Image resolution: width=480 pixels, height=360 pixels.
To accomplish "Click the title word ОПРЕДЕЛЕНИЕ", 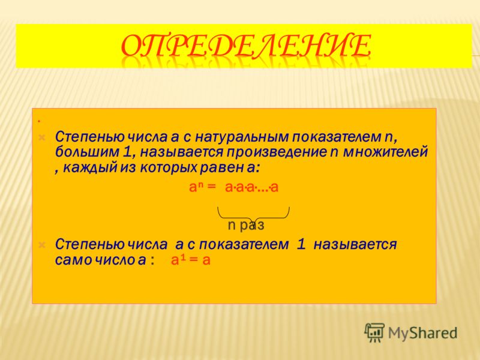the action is click(246, 46).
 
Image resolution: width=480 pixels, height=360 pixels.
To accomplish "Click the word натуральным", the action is click(242, 137).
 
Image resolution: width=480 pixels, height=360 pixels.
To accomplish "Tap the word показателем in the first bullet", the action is click(336, 137).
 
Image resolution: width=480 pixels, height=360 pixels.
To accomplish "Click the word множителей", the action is click(385, 152).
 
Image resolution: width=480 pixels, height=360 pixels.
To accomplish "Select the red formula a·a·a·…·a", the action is click(251, 187).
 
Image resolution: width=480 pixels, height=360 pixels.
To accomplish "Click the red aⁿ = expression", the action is click(203, 187).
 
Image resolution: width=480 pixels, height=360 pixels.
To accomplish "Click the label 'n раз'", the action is click(246, 226).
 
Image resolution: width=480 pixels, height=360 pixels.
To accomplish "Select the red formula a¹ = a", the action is click(190, 260).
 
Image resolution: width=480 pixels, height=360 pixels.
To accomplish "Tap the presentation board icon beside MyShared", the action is click(374, 332).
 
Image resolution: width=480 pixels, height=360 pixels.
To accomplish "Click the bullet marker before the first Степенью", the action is click(42, 137).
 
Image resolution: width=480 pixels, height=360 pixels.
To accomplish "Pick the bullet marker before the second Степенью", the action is click(42, 245).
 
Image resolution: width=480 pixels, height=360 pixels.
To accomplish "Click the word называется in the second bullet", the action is click(355, 245).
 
